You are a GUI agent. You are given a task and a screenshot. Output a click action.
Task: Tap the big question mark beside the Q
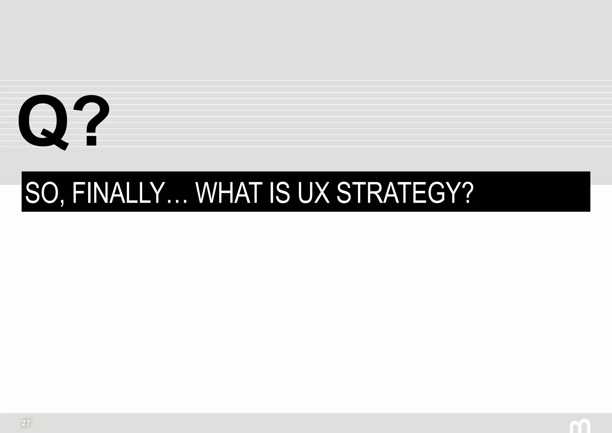(x=91, y=120)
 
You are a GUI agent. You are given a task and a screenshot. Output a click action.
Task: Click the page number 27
(x=26, y=423)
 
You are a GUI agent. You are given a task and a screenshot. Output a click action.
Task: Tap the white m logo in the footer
(x=580, y=427)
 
